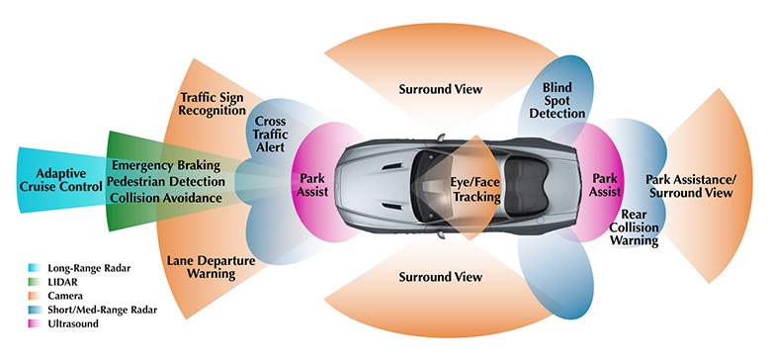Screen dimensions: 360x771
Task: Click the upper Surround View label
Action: pos(440,89)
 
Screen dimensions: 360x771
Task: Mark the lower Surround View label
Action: pos(440,277)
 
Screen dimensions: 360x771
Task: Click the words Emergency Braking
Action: pos(169,163)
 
